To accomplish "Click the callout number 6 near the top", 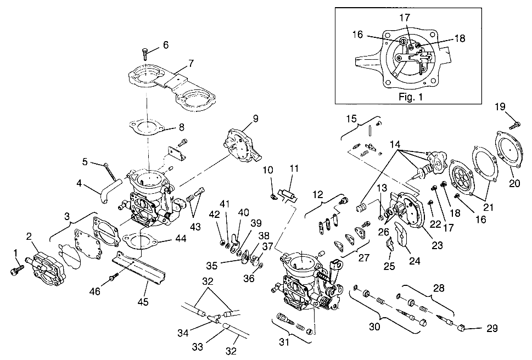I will (166, 46).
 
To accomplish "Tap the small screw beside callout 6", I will (146, 53).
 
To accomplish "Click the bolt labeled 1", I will (15, 268).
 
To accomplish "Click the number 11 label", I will (294, 168).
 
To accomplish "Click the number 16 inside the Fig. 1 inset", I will (357, 33).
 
